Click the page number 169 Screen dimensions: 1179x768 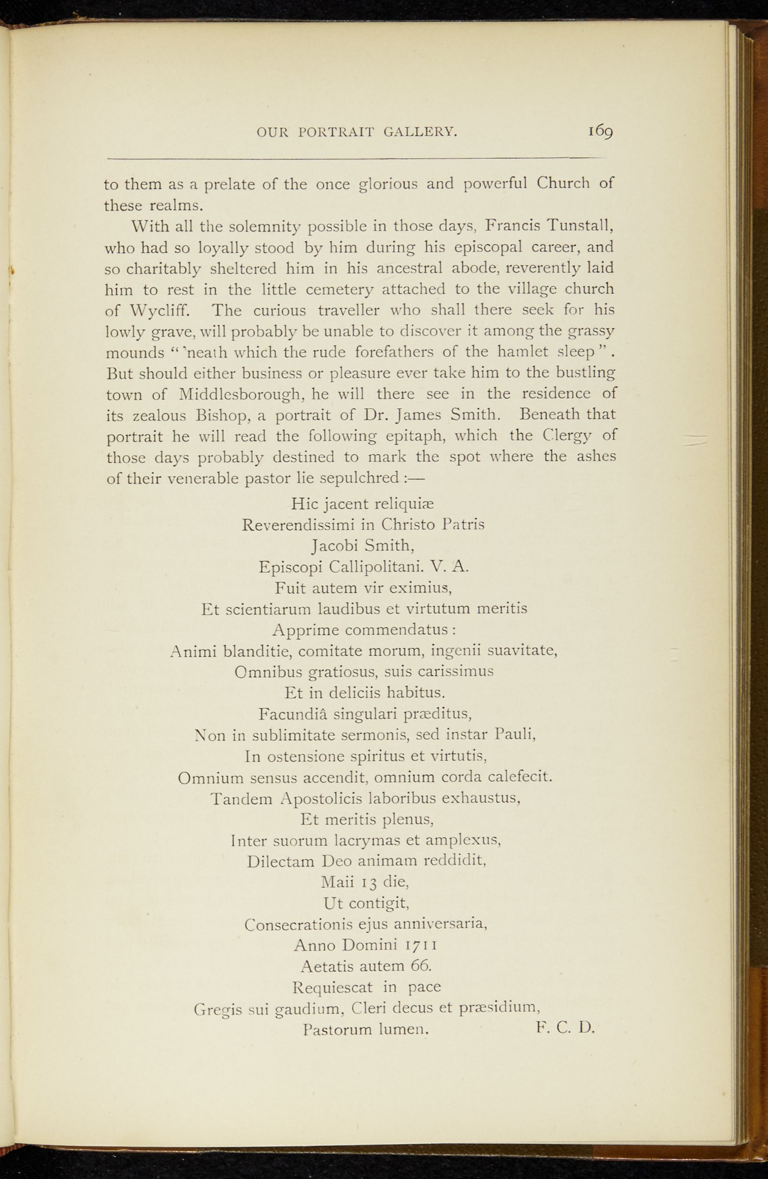coord(600,132)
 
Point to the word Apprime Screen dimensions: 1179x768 coord(303,630)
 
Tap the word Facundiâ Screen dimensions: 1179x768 coord(294,714)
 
